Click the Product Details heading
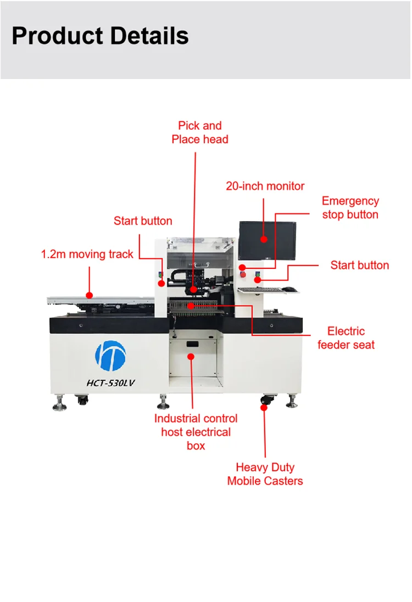[100, 36]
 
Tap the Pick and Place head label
[199, 133]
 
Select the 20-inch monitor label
[265, 186]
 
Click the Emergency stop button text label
[350, 208]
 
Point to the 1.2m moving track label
[87, 254]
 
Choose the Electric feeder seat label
[346, 338]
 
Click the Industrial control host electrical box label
[196, 432]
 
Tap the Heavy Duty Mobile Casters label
[265, 474]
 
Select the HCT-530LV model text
[110, 383]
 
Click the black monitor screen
[267, 240]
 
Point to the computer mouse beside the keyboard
[290, 289]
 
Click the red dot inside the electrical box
[191, 356]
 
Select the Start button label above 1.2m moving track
[143, 221]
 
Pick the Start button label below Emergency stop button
[359, 266]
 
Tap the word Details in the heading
[149, 36]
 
